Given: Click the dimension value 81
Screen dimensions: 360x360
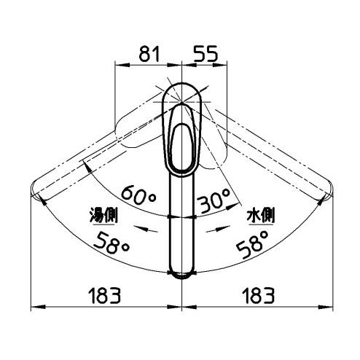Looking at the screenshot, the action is (x=149, y=54).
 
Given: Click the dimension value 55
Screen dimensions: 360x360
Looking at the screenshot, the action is (x=206, y=54).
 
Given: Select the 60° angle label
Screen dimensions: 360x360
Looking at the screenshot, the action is (x=138, y=195).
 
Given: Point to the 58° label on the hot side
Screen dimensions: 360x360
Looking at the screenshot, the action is (x=111, y=243).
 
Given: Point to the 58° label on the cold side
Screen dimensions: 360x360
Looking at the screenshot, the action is (x=253, y=244).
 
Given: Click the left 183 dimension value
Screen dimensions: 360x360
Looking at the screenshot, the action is (x=105, y=295).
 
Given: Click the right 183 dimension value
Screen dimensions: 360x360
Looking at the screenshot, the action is (x=259, y=295).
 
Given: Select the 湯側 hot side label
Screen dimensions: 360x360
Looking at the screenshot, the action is (x=103, y=216).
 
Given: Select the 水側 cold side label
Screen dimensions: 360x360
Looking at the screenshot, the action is (x=261, y=216).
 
